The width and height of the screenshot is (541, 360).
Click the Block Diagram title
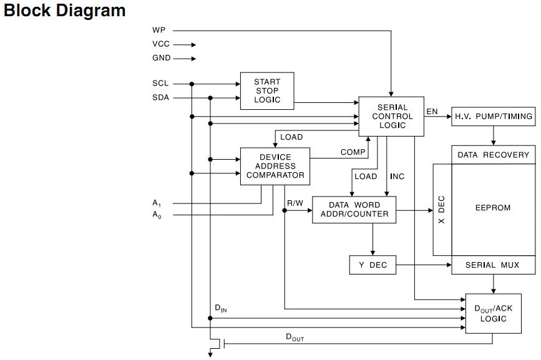coord(65,11)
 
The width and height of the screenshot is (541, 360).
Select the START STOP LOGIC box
coord(267,91)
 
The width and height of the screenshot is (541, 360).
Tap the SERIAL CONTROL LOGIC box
coord(391,116)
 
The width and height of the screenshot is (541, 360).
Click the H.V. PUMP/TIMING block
coord(493,117)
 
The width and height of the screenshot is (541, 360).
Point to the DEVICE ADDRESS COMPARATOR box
coord(275,166)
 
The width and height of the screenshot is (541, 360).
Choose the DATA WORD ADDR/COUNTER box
coord(354,210)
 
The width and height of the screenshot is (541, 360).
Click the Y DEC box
coord(373,265)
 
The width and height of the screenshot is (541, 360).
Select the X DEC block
coord(442,210)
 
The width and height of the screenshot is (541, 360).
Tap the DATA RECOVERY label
coord(493,155)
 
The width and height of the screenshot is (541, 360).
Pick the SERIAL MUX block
coord(493,265)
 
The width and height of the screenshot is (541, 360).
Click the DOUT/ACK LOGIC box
coord(493,314)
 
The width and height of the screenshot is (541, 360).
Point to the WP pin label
coord(158,30)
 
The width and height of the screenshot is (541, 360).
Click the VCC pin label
coord(160,44)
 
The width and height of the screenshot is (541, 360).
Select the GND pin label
coord(161,59)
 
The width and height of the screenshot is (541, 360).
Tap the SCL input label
coord(160,84)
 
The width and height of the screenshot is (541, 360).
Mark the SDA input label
coord(160,98)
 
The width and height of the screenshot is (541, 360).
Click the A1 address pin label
coord(157,203)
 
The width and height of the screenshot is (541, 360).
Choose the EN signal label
coord(432,112)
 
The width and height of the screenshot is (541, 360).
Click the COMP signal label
coord(353,152)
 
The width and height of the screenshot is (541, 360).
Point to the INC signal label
coord(397,177)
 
